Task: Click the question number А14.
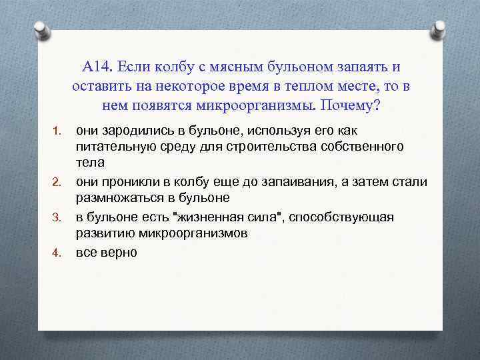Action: (98, 67)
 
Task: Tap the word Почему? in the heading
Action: (359, 106)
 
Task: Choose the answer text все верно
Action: (107, 253)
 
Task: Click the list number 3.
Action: (57, 218)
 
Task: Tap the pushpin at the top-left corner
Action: (42, 31)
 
